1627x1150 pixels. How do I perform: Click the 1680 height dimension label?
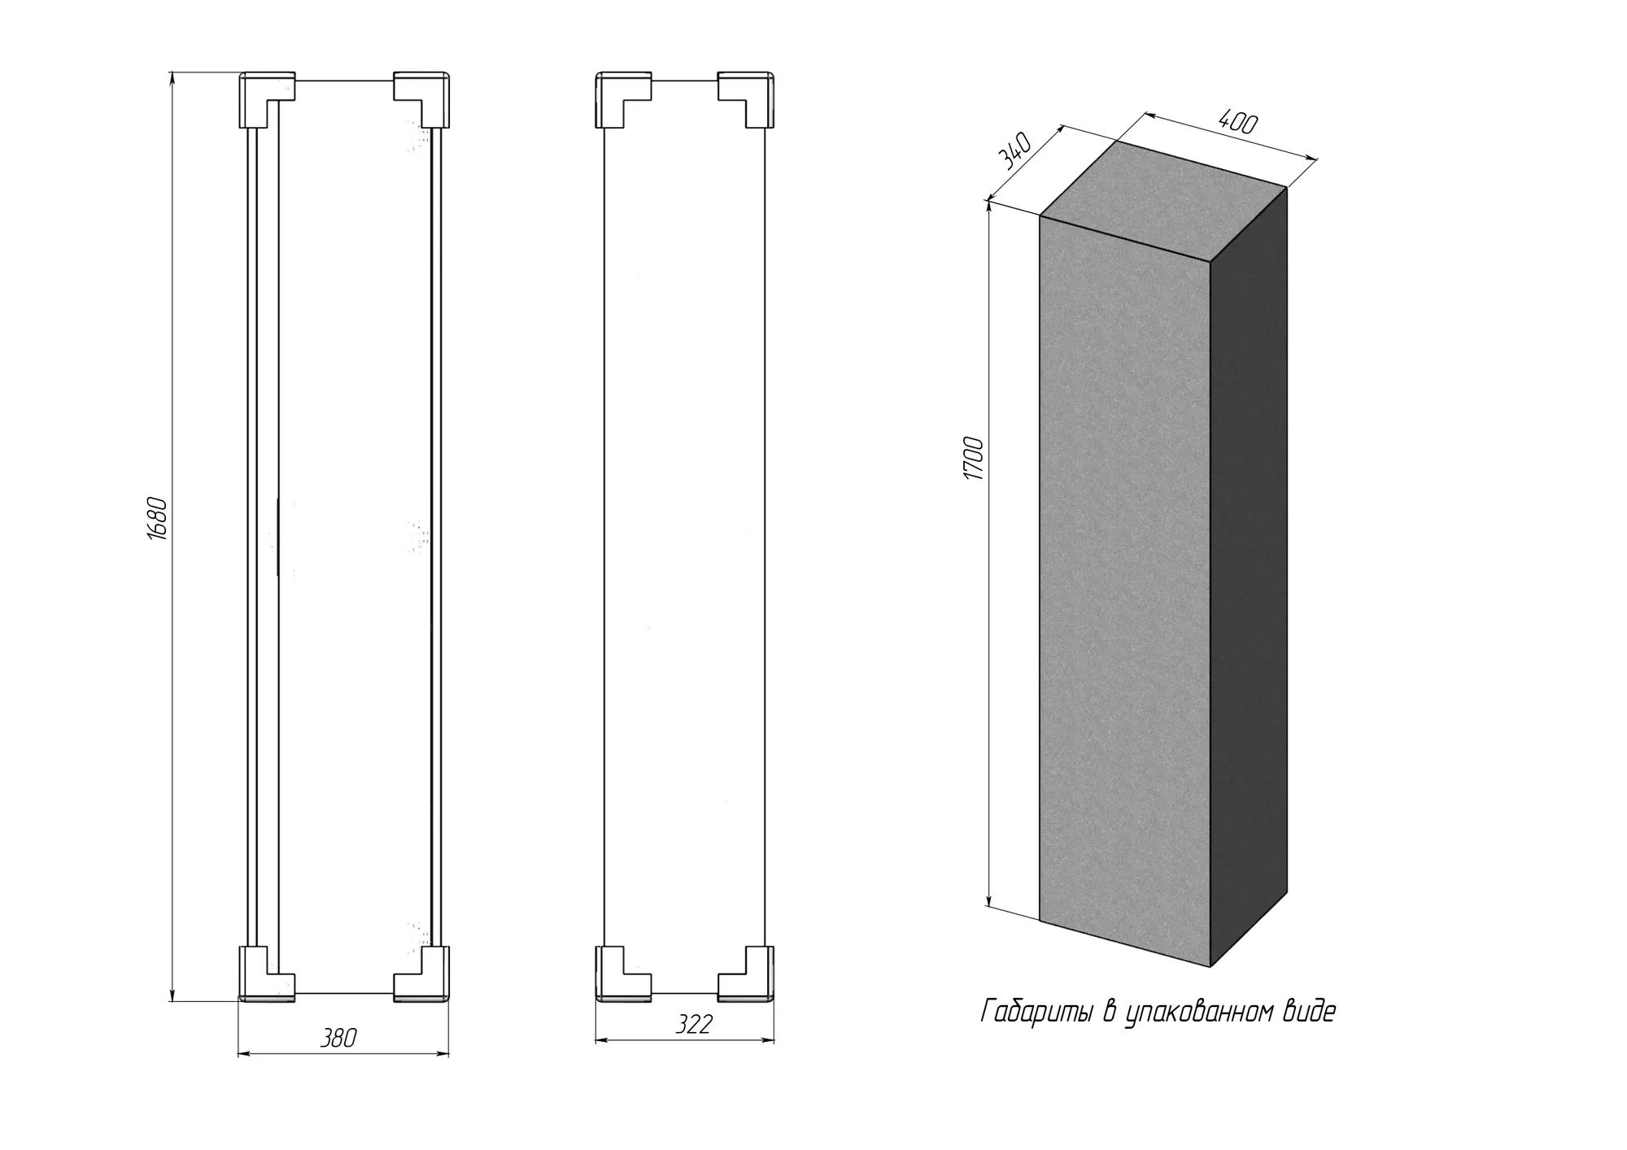point(159,518)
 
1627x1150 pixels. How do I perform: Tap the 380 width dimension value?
point(338,1038)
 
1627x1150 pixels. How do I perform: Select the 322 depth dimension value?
point(694,1024)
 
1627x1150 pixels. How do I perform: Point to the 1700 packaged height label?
point(974,459)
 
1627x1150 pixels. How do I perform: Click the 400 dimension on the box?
point(1238,122)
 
